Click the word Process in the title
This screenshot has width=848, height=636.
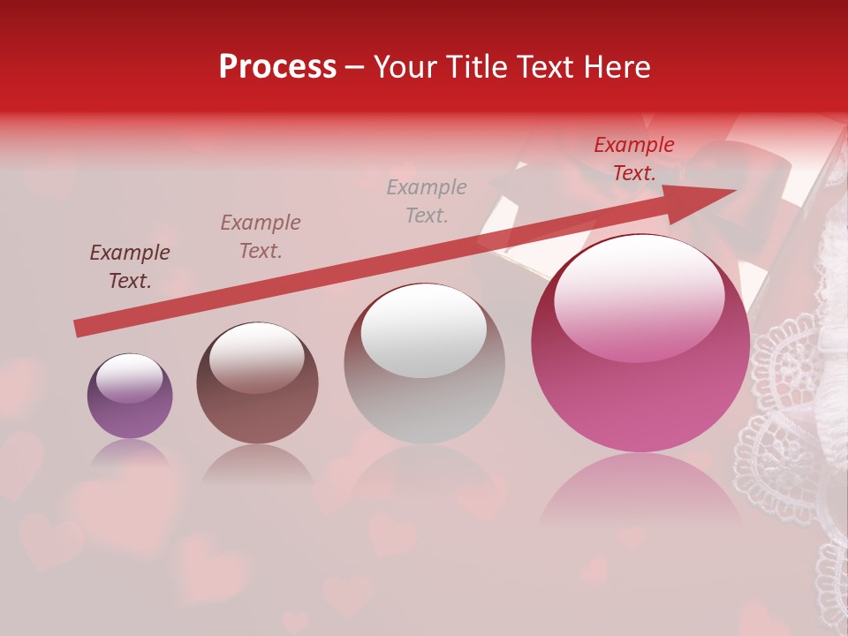pos(277,66)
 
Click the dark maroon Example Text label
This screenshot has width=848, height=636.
pos(130,267)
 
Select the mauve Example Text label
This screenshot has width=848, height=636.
pos(261,237)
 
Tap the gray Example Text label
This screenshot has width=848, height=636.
pos(427,201)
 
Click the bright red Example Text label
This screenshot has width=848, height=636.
pos(634,159)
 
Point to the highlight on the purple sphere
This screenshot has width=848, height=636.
pos(129,378)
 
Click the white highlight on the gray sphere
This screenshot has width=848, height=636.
pos(424,330)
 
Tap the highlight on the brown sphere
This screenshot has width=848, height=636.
pos(256,357)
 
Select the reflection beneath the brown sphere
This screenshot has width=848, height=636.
pos(257,465)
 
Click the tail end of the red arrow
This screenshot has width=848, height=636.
pos(81,329)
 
